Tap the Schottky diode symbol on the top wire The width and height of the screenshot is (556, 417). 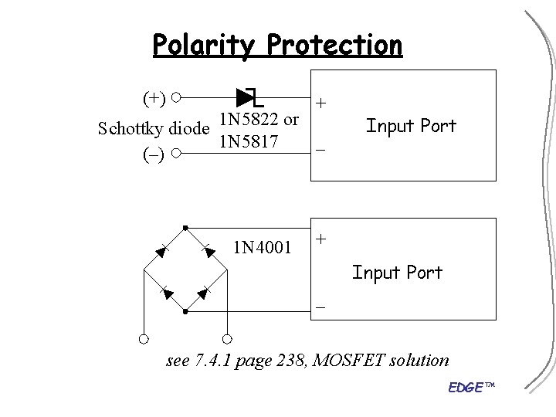point(249,97)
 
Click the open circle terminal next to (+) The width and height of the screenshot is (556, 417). point(177,98)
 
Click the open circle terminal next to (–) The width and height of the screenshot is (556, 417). point(177,153)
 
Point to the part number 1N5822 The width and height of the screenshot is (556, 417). point(249,120)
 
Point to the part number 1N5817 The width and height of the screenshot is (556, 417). point(249,142)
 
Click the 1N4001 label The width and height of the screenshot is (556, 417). point(263,248)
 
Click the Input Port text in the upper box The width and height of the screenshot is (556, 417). point(411,125)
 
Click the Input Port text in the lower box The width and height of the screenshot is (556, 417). point(397,272)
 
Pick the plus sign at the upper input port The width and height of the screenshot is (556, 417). point(320,103)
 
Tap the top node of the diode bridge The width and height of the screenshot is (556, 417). point(186,227)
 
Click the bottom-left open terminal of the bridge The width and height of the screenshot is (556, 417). point(144,338)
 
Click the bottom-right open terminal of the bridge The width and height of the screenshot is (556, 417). point(228,338)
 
